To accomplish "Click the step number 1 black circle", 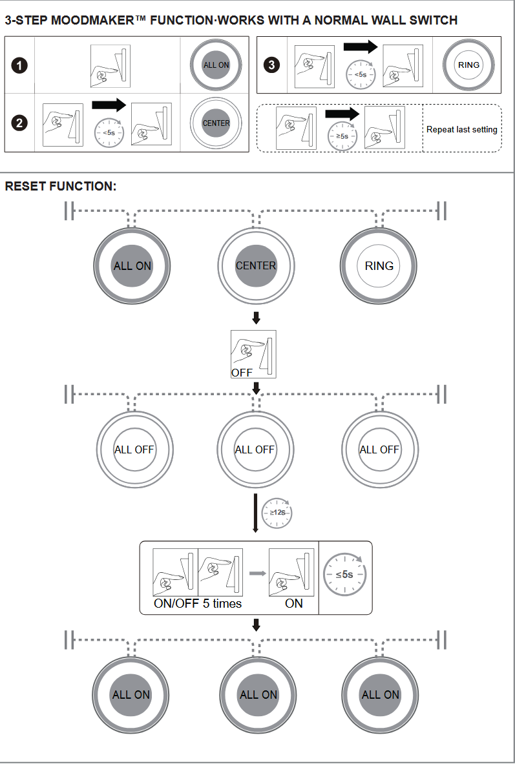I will coord(21,65).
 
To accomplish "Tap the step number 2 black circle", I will coord(21,123).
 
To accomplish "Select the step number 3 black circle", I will coord(273,65).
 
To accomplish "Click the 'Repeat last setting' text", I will coord(461,129).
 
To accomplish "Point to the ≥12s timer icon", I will coord(277,511).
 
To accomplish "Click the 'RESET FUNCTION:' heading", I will coord(60,187).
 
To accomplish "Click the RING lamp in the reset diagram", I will coord(379,265).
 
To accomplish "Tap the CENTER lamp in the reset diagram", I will coord(255,265).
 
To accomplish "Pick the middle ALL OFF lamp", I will coord(255,449).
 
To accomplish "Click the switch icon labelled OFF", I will coord(253,353).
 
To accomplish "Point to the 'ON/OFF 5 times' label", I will coord(197,603).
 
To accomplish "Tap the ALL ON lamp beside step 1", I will coord(216,65).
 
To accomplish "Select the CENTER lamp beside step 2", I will coord(216,123).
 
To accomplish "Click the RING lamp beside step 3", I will coord(468,65).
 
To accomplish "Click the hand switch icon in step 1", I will coord(110,67).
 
